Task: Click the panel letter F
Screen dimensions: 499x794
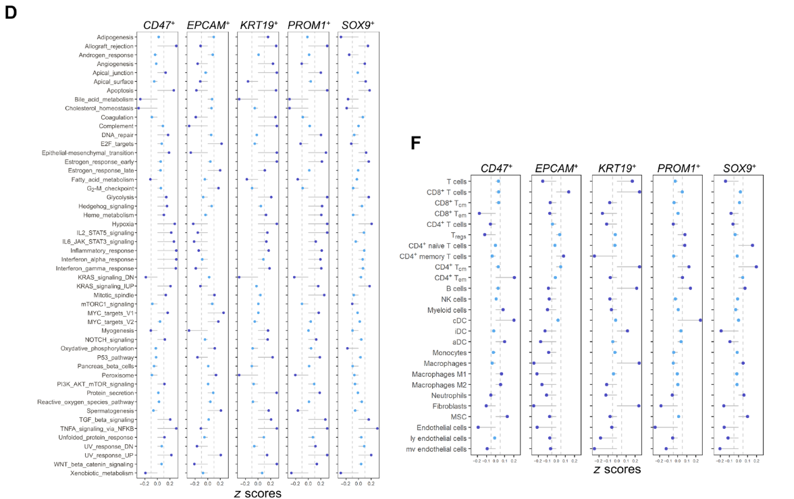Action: [x=417, y=143]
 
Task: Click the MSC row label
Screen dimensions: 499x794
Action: [x=458, y=417]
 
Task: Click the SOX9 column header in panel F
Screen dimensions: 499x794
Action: [x=739, y=168]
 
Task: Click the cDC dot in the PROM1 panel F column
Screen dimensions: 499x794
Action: [x=700, y=320]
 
